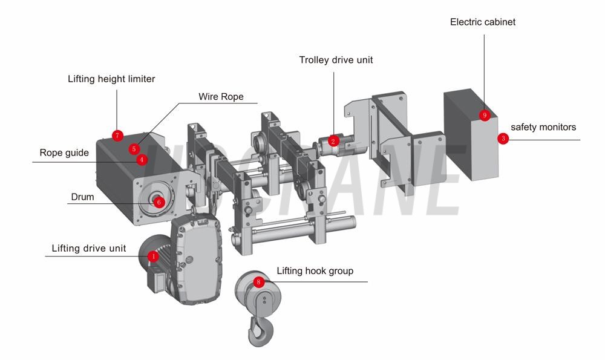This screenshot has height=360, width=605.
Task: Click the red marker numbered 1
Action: [x=153, y=257]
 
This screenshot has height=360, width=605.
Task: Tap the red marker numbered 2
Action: [x=332, y=141]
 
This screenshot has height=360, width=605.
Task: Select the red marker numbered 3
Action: [x=503, y=139]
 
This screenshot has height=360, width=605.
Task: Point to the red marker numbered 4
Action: [x=141, y=160]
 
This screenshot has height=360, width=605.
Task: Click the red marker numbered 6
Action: [x=159, y=202]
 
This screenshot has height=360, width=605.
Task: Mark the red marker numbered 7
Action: [x=118, y=135]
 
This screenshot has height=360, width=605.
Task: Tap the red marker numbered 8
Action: [x=259, y=282]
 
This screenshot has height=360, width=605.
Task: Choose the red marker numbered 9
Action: [x=484, y=115]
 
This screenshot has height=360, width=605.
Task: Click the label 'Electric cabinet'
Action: [x=482, y=22]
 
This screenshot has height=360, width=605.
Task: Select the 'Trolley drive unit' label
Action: [x=336, y=60]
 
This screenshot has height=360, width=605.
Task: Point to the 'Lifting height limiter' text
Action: [x=111, y=79]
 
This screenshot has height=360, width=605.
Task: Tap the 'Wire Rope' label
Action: [x=221, y=97]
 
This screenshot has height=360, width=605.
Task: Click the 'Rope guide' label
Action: [x=64, y=153]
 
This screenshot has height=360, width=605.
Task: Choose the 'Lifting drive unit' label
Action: [x=89, y=249]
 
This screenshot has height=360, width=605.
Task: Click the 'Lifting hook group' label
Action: [x=315, y=271]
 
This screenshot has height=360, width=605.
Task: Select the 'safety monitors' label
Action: [x=543, y=128]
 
